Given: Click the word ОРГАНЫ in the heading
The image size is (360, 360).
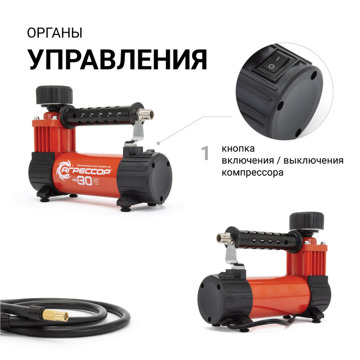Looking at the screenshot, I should [x=54, y=33].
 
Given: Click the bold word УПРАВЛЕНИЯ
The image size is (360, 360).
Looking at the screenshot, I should [x=118, y=59].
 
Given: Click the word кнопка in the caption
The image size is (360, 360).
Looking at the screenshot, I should [x=238, y=149].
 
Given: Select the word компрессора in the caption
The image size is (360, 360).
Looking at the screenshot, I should [x=252, y=172].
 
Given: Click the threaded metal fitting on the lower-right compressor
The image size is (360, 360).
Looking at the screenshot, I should [x=222, y=239].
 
